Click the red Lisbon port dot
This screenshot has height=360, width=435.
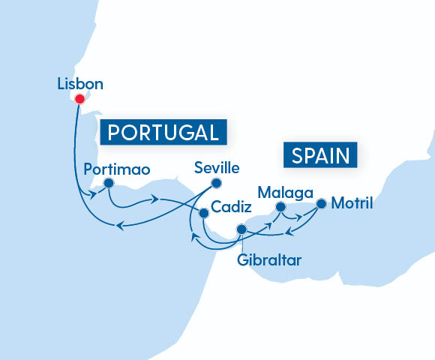[79, 97]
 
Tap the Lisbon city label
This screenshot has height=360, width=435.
[80, 83]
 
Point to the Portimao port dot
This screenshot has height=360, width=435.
[109, 182]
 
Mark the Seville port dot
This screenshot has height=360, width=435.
[217, 182]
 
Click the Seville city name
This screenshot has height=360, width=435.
[217, 168]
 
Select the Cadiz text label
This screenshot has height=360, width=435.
[230, 205]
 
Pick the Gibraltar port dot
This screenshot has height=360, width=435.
[241, 229]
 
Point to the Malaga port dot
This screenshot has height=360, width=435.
[280, 206]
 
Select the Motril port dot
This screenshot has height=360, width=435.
[321, 203]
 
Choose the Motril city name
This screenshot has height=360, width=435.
[352, 202]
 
